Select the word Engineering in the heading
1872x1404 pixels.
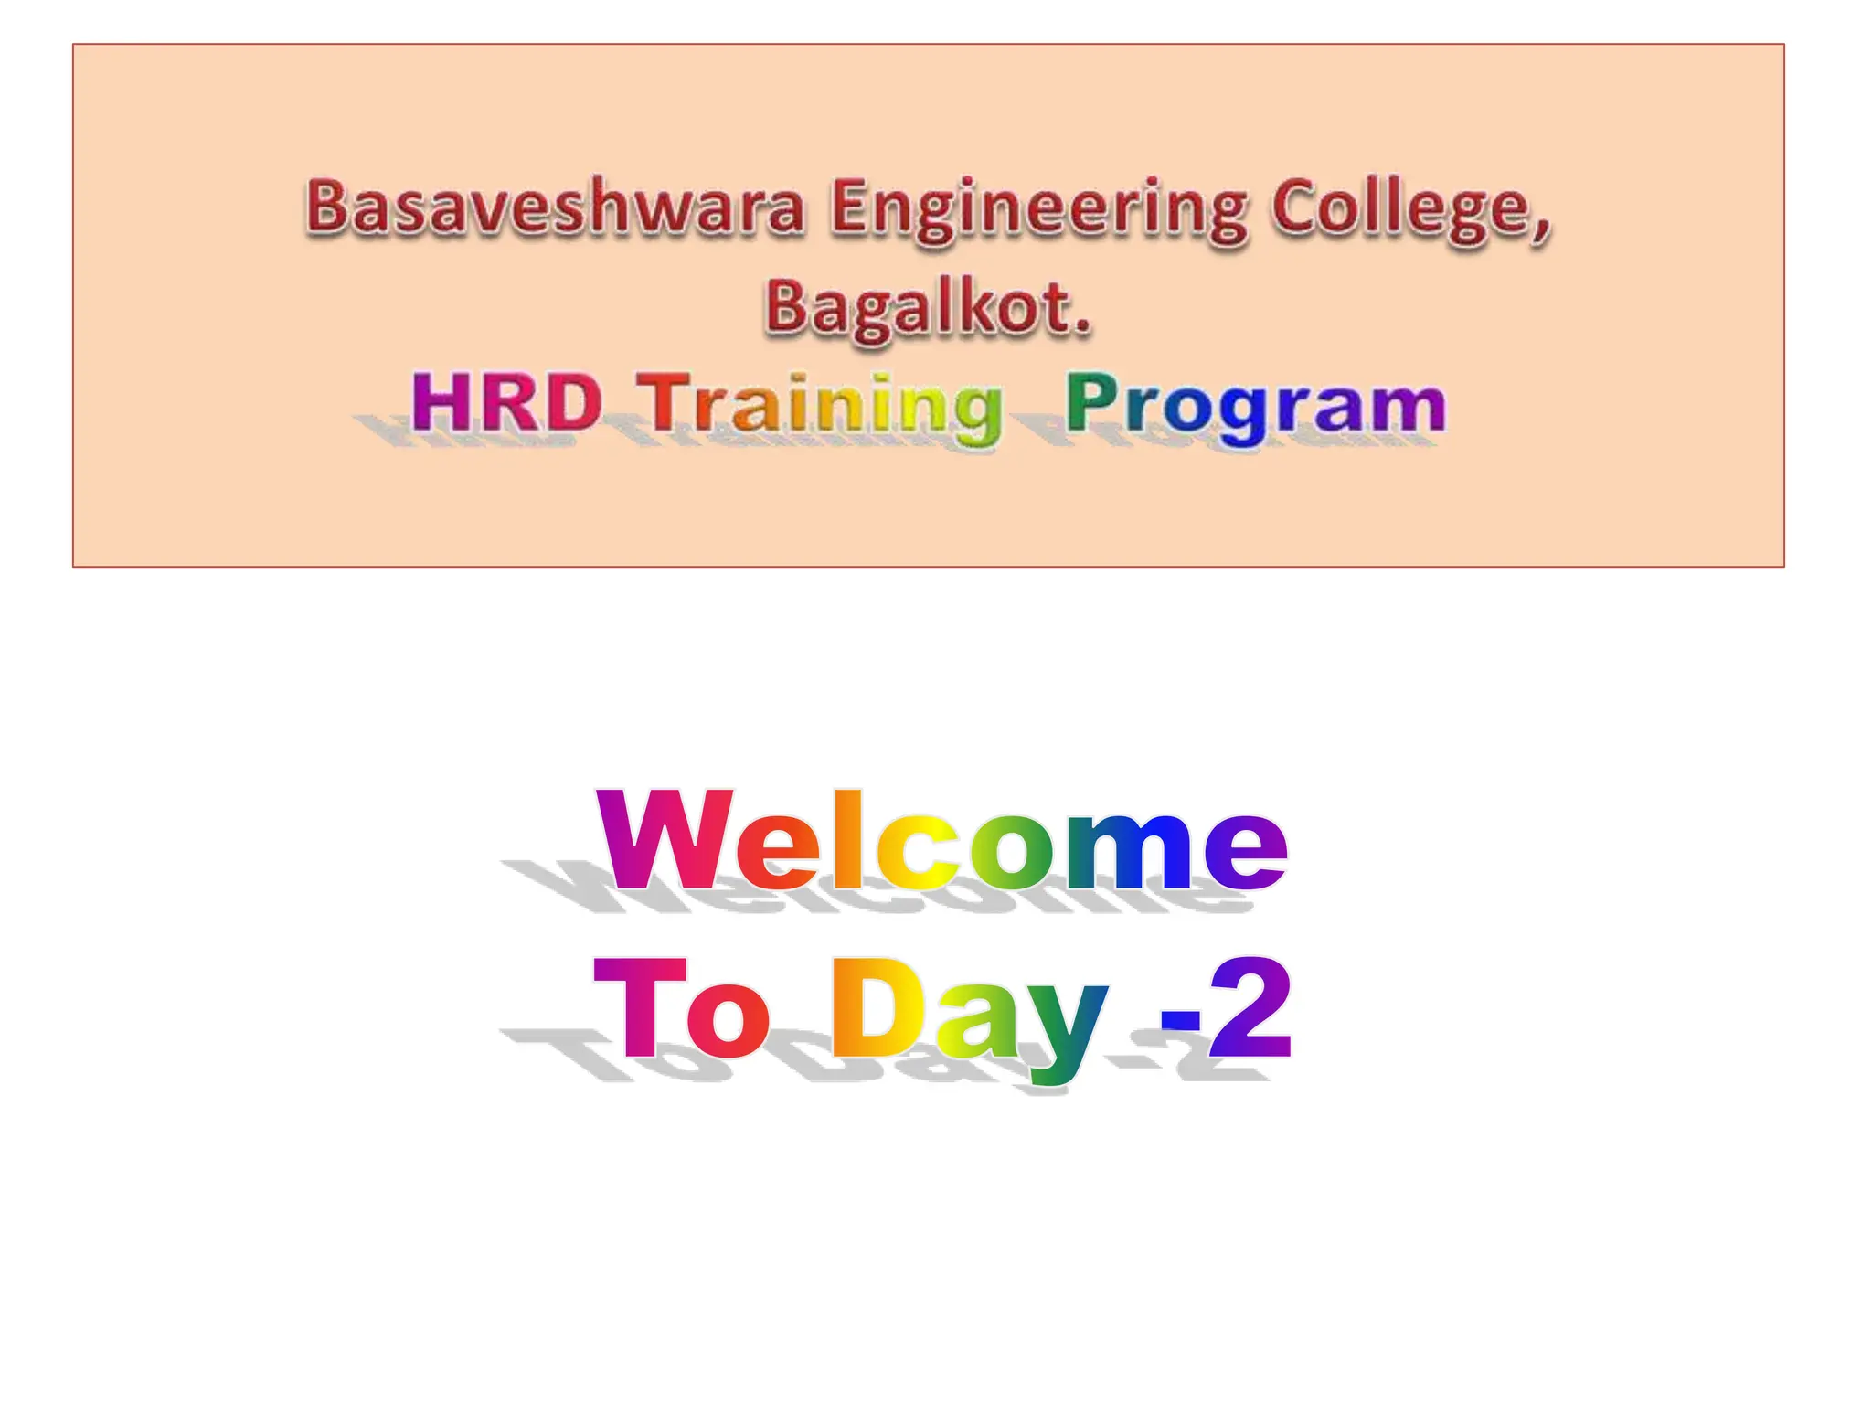point(1038,210)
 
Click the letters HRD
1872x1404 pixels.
point(505,402)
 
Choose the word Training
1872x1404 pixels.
point(819,406)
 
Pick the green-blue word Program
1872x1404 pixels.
point(1256,406)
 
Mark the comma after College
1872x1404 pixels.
point(1542,228)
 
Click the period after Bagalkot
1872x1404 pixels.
point(1083,326)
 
